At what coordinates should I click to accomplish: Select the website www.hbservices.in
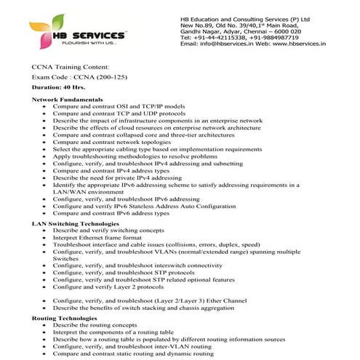point(300,44)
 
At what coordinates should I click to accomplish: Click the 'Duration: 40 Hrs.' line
point(58,87)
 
